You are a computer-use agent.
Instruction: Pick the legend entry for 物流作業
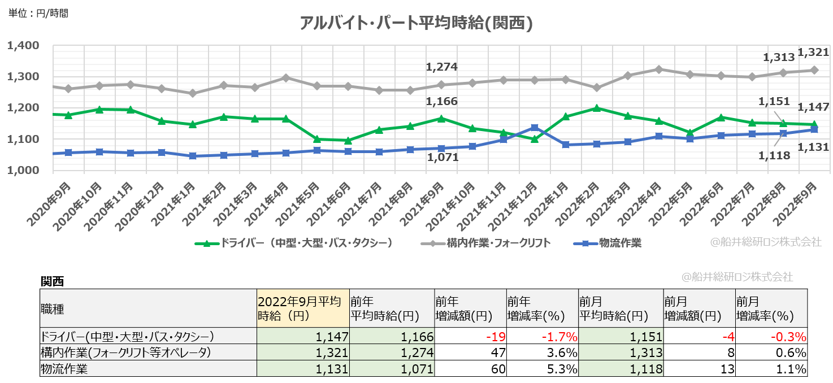click(608, 243)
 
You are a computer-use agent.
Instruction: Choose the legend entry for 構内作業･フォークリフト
click(485, 243)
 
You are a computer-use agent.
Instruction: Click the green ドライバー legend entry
click(294, 243)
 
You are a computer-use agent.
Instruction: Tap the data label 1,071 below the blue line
click(442, 158)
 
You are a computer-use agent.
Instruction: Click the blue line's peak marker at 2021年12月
click(534, 128)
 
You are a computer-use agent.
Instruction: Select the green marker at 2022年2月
click(596, 108)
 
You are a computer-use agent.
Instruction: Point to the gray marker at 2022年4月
click(658, 69)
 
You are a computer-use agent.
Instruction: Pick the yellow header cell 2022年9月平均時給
click(303, 308)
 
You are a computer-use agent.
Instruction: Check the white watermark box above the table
click(738, 277)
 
